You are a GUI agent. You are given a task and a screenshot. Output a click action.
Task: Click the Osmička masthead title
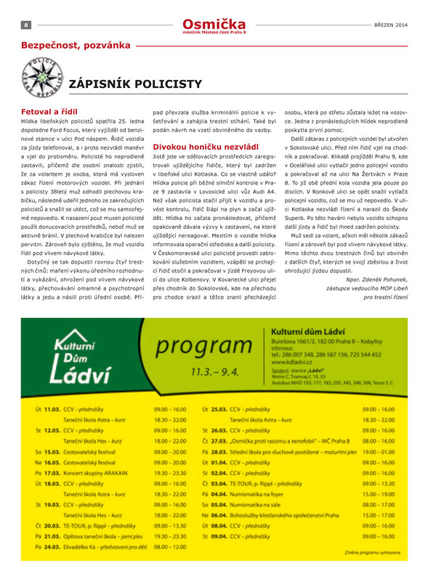point(214,23)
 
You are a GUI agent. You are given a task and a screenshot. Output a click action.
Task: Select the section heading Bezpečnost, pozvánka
point(76,45)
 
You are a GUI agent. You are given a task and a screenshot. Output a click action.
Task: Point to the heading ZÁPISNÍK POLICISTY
point(134,84)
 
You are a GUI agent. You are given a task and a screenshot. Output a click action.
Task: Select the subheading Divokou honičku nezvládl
point(195,146)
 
